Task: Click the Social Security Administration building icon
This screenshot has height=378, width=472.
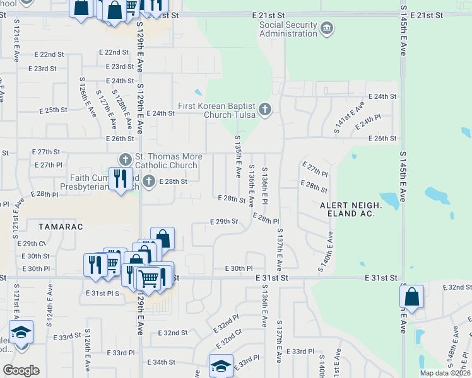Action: (x=327, y=28)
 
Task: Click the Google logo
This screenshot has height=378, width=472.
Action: (x=20, y=370)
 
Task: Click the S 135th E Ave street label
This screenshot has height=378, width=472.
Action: (x=239, y=155)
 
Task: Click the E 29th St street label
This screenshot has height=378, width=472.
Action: (x=223, y=222)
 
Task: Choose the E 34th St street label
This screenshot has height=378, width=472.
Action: (x=161, y=362)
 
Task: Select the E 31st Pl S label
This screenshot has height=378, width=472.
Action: (x=102, y=294)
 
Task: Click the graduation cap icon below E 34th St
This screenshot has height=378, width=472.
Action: (x=220, y=365)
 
